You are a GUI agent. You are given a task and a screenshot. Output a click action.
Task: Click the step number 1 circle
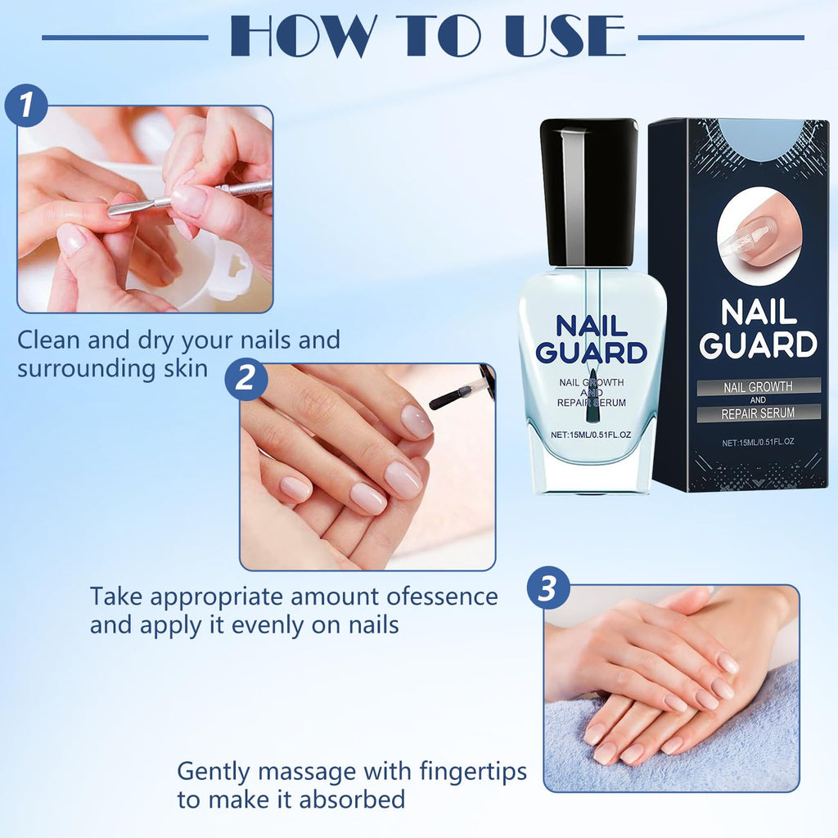click(26, 106)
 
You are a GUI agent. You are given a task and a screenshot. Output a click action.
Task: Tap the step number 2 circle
click(246, 379)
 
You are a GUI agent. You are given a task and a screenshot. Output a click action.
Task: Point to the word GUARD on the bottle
click(591, 353)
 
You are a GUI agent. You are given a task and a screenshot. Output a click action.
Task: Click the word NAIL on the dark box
click(759, 312)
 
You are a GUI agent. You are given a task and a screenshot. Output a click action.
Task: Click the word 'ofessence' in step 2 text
click(442, 597)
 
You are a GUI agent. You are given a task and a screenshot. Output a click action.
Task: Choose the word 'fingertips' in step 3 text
click(473, 773)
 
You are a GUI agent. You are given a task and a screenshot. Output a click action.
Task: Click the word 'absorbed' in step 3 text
click(352, 800)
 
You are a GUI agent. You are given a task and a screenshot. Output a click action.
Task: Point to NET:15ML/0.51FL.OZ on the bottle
click(591, 435)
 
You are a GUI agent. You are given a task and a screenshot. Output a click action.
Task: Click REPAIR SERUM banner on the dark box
click(758, 413)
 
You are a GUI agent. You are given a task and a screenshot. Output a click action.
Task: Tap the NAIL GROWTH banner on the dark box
click(758, 386)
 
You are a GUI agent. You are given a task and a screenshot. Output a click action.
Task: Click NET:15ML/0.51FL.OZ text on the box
click(758, 442)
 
